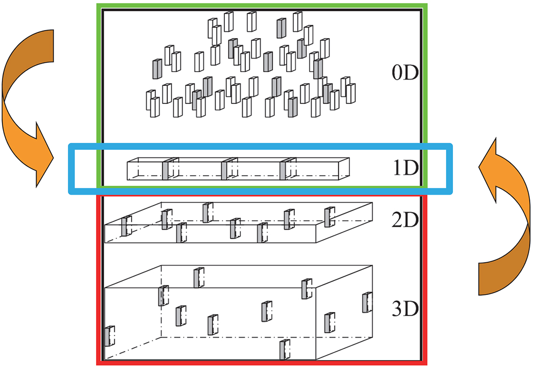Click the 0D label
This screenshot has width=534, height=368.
pos(405,72)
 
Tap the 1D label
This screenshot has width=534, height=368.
pos(405,167)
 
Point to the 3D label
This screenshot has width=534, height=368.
pos(405,309)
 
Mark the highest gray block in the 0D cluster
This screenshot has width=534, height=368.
pos(282,29)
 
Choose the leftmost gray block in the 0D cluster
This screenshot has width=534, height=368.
pos(157,69)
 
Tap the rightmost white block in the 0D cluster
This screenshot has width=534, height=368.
pos(351,93)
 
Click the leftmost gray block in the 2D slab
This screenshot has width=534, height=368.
pos(126,226)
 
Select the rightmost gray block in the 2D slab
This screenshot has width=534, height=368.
pos(329,217)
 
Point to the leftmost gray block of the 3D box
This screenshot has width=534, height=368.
pos(109,336)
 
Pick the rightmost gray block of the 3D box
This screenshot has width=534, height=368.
pos(367,302)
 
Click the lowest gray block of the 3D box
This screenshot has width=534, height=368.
pos(285,349)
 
